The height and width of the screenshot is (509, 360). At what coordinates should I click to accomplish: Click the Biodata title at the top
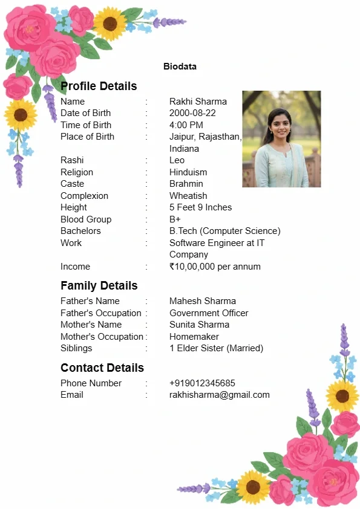coord(180,66)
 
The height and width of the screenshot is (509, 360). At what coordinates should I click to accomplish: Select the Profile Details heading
coord(99,86)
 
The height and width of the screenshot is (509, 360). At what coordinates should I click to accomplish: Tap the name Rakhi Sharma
coord(198,102)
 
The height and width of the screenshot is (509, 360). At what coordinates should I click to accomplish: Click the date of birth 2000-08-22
coord(192,113)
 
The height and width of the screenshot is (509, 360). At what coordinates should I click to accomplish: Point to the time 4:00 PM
coord(186,125)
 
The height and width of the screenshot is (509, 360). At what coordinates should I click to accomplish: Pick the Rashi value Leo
coord(177,160)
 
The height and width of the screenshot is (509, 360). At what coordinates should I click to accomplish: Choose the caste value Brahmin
coord(186,184)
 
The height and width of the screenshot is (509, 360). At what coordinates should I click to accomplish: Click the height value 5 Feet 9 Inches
coord(200,207)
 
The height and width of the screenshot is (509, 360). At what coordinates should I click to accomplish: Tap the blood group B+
coord(175,219)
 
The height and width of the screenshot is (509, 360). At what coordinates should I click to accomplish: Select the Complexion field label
coord(84,196)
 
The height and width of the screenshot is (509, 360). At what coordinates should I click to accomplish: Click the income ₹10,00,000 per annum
coord(215,267)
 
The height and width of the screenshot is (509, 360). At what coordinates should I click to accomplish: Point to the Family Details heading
coord(99,285)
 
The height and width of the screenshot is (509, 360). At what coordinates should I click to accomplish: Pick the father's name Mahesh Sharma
coord(203,301)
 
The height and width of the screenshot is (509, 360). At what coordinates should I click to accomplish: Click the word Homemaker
coord(194,337)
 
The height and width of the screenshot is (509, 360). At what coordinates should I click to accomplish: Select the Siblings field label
coord(76,348)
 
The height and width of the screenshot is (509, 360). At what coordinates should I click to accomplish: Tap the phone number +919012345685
coord(202,383)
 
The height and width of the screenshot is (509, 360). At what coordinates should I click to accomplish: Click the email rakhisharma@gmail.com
coord(219,395)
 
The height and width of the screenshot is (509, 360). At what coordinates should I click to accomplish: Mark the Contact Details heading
coord(102,368)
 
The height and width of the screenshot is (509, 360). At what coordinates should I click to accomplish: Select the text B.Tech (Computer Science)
coord(224,231)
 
